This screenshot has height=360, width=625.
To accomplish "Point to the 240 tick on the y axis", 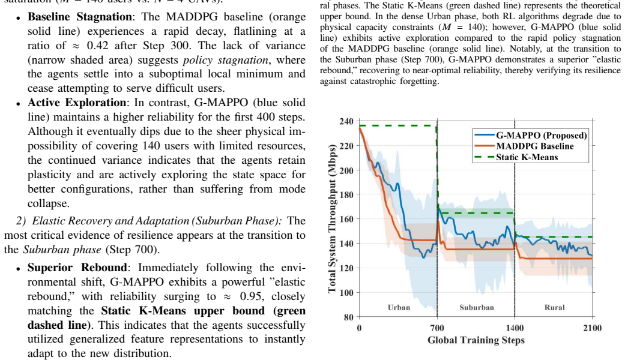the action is [346, 121].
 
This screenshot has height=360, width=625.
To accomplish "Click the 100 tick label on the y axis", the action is [346, 292].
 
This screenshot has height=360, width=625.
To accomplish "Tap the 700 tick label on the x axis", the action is [437, 328].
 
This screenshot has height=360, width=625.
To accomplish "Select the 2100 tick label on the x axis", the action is [593, 328].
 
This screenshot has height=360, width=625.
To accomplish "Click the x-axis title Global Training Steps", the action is [476, 340].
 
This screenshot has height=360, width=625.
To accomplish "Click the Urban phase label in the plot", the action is [399, 307].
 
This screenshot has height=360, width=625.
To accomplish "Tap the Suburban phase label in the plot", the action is [476, 307].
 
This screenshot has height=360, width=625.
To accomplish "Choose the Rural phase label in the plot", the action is [554, 307].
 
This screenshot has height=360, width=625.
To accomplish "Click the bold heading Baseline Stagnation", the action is [80, 17].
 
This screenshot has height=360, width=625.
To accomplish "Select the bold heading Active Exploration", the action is [76, 103].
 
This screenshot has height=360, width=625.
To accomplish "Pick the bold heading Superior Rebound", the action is [77, 268].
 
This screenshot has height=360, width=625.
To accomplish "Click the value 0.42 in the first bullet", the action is [98, 46].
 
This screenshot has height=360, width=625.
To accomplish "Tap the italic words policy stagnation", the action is [226, 60].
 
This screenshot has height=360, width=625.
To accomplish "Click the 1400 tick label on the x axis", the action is [515, 328].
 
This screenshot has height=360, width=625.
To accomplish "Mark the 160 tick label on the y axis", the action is [346, 219].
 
